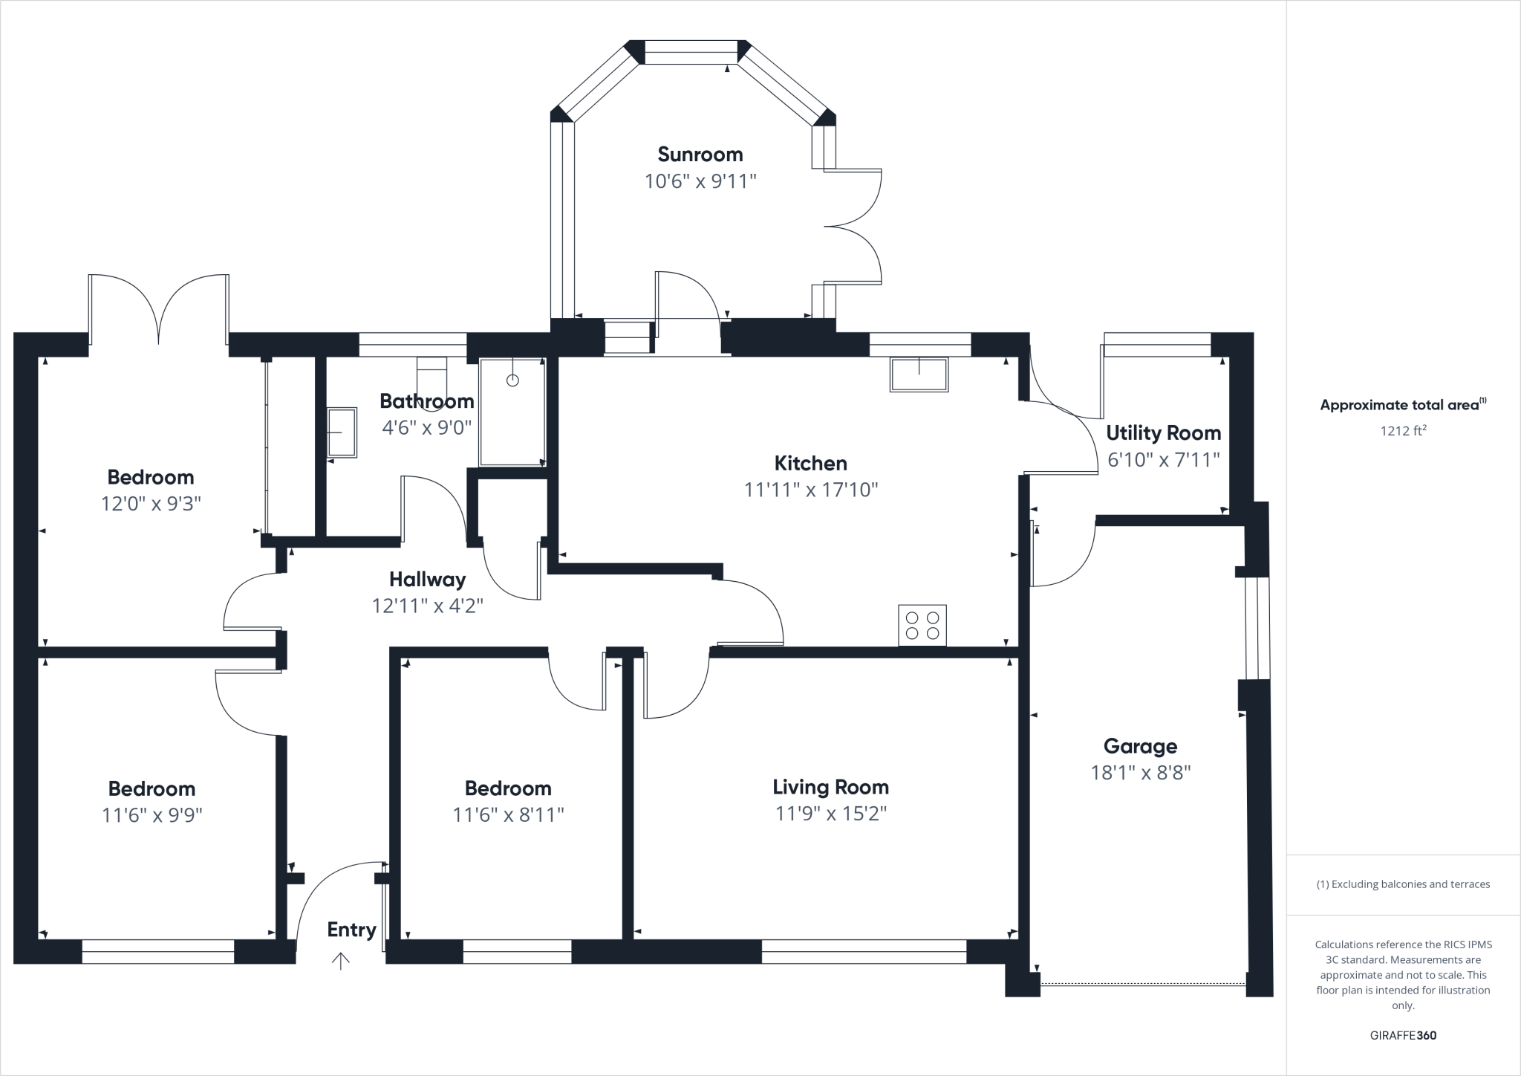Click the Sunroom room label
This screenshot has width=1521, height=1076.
click(x=700, y=155)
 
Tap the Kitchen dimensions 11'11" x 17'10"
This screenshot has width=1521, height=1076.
click(x=811, y=490)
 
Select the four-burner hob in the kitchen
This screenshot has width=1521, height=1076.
click(x=922, y=625)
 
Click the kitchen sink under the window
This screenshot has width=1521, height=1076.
click(x=919, y=374)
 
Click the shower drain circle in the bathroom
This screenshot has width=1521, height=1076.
click(x=512, y=380)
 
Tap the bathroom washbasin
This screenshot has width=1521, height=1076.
click(x=342, y=432)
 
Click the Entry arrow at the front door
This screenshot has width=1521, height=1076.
click(x=340, y=961)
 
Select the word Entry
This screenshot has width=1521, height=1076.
click(x=351, y=930)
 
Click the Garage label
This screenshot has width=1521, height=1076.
click(x=1140, y=746)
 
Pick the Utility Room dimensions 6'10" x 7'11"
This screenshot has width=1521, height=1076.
click(x=1163, y=460)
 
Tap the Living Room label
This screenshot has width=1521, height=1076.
click(x=830, y=787)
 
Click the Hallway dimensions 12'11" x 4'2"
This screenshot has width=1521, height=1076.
click(x=427, y=606)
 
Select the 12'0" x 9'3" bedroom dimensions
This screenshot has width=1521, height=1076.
click(x=151, y=504)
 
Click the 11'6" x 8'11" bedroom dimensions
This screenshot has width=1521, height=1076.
click(x=508, y=815)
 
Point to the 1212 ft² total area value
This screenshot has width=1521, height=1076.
click(x=1403, y=430)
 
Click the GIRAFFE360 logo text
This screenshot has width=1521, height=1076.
click(x=1403, y=1035)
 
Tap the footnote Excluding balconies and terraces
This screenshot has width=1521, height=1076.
click(x=1403, y=884)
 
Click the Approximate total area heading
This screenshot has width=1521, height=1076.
click(x=1400, y=405)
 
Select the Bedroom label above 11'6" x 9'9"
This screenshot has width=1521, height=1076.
click(x=152, y=788)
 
